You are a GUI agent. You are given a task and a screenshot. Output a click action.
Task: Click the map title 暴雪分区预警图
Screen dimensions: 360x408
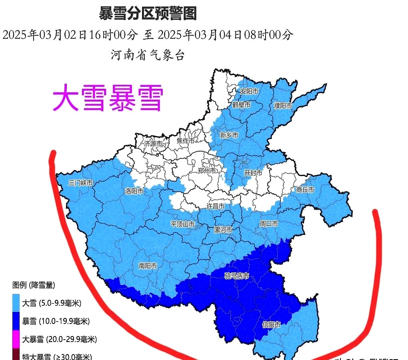148,14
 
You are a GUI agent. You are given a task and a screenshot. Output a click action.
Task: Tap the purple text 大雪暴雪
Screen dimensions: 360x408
108,98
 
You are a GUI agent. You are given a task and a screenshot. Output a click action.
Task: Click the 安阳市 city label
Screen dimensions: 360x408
249,91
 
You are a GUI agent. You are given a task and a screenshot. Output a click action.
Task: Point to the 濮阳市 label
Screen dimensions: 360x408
283,106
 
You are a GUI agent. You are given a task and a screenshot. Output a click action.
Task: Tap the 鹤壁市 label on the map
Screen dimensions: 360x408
241,105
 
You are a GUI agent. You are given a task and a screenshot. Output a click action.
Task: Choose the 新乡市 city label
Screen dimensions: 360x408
229,135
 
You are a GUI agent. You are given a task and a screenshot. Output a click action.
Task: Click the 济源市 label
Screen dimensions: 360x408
154,143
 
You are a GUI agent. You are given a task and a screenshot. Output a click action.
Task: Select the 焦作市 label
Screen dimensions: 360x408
186,141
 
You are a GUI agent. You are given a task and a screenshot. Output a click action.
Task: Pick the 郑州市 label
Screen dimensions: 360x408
207,170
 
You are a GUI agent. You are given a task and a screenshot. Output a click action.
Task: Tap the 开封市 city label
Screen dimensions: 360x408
253,173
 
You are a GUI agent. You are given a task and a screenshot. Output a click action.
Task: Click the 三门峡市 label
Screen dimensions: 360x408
80,183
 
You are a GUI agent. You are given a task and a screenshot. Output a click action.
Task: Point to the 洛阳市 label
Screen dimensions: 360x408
134,191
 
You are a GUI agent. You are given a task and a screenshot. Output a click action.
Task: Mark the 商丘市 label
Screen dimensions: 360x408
305,190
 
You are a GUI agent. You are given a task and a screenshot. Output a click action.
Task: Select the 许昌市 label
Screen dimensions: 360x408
215,206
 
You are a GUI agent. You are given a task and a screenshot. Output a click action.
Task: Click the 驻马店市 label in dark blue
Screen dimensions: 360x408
236,276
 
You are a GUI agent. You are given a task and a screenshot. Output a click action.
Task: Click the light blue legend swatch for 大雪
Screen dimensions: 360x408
16,303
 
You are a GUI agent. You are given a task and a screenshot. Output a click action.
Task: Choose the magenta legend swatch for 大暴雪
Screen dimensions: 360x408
16,339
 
